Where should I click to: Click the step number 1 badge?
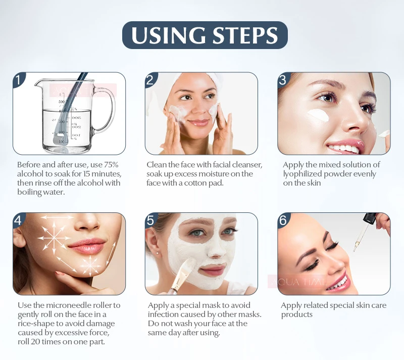pos(19,79)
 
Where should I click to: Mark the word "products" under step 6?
pos(297,314)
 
